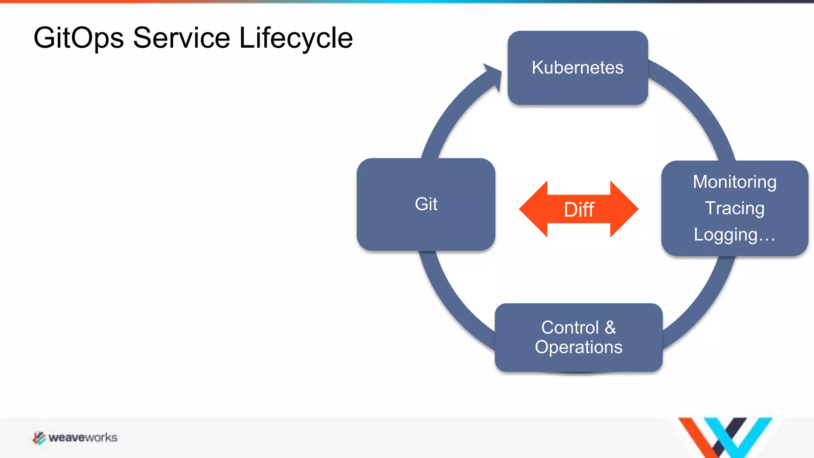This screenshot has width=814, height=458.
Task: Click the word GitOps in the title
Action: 78,38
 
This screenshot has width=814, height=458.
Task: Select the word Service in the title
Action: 181,38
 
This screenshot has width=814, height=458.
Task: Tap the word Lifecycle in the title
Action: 296,38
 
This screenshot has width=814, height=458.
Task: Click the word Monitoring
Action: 735,182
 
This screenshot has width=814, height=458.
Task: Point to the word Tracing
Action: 735,208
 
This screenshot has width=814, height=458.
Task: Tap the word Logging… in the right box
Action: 735,235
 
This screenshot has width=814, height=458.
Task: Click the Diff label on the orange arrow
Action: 579,210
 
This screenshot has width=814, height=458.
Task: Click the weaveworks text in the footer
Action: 83,438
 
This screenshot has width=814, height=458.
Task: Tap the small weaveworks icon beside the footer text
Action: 39,438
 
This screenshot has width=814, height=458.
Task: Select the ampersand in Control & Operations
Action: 610,328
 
